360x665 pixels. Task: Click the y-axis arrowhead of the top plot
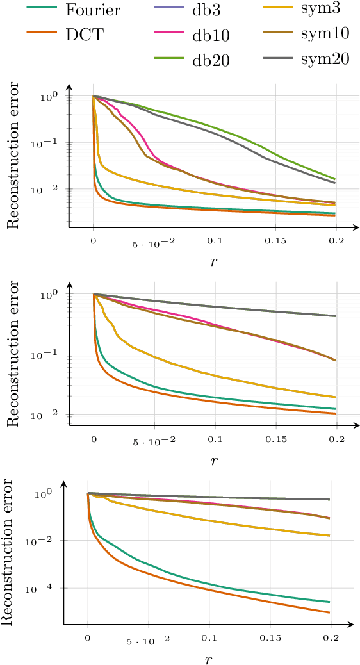pos(69,88)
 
